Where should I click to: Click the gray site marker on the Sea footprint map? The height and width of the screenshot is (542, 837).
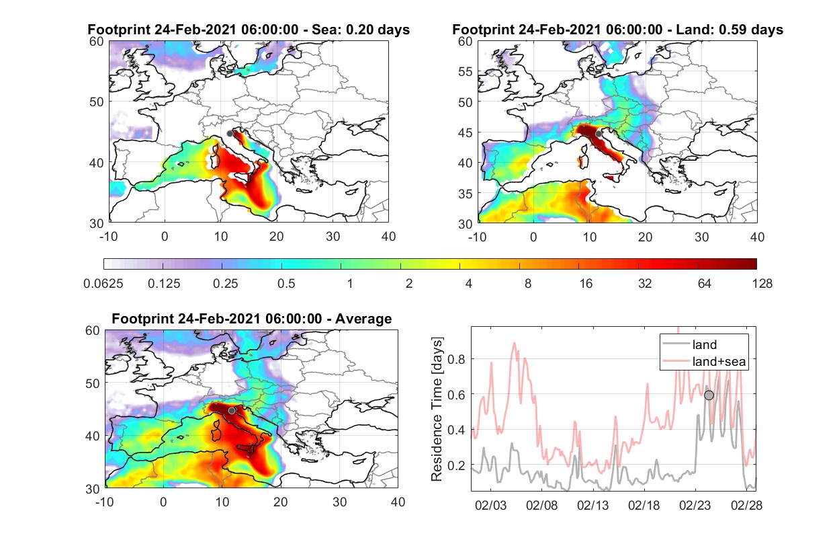230,134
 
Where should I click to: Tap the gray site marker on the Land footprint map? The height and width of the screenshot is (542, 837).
599,134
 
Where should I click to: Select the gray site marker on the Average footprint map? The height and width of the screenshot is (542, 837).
232,410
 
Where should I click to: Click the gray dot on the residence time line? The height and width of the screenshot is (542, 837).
709,395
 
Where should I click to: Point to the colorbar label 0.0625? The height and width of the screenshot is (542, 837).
103,284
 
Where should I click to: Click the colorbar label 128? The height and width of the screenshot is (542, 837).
762,284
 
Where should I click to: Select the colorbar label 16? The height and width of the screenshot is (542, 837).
586,284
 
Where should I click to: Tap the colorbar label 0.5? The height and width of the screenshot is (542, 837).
286,284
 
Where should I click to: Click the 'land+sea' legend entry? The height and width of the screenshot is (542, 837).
719,361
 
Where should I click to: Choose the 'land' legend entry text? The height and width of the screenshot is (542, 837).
705,344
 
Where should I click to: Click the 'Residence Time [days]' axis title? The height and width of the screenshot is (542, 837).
437,410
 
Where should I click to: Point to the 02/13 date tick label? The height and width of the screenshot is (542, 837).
593,506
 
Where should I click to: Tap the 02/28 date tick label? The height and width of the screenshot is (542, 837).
746,506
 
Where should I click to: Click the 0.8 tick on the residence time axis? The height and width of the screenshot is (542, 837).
456,359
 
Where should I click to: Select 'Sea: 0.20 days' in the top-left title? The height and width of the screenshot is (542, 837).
361,30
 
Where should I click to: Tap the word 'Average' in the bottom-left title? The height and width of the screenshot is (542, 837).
363,319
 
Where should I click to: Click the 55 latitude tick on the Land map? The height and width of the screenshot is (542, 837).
466,71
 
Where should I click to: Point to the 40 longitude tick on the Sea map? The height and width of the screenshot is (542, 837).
388,237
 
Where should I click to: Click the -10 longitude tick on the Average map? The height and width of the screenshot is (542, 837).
104,502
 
